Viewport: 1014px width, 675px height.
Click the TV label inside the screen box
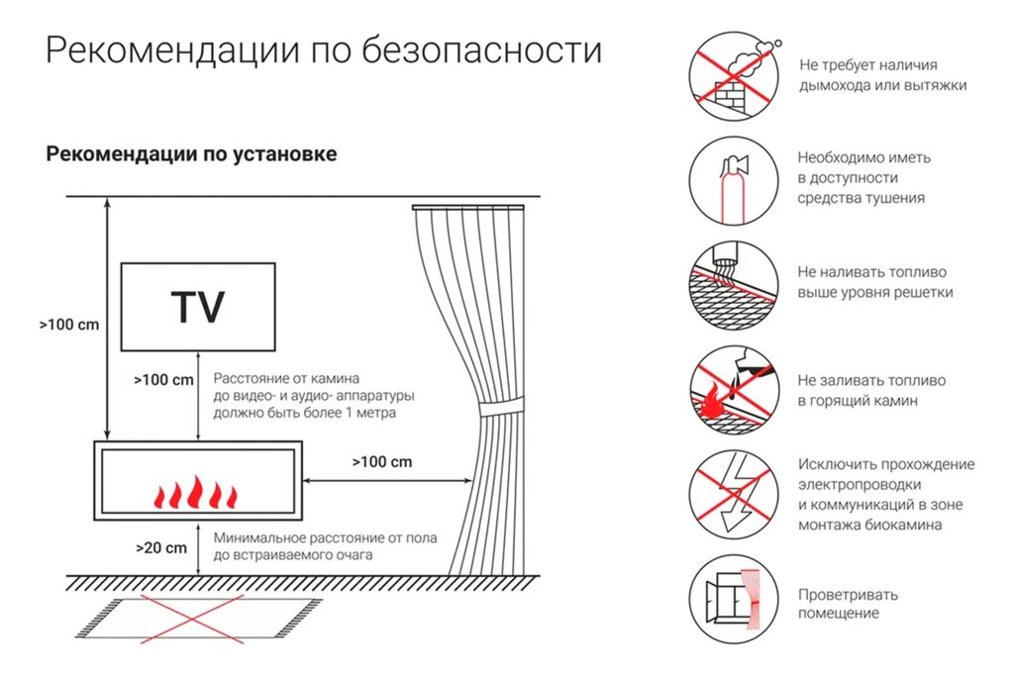point(198,307)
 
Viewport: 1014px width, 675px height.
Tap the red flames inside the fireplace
point(195,492)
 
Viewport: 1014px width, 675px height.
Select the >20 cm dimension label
point(161,548)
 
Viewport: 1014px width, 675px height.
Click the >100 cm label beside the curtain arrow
point(381,461)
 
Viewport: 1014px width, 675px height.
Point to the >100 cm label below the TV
point(163,380)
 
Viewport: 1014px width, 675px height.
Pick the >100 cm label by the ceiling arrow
point(69,325)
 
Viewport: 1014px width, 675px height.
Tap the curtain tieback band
point(501,409)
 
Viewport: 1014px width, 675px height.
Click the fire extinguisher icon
point(734,181)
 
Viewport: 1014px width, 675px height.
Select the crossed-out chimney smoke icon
point(734,76)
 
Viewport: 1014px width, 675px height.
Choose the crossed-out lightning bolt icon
point(734,495)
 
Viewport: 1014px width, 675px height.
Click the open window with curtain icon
point(734,599)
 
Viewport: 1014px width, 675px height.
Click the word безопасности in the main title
point(482,50)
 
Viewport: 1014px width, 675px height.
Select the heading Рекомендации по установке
point(191,154)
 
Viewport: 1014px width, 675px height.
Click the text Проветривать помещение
point(848,604)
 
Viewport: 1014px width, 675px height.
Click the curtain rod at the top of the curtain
point(468,208)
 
